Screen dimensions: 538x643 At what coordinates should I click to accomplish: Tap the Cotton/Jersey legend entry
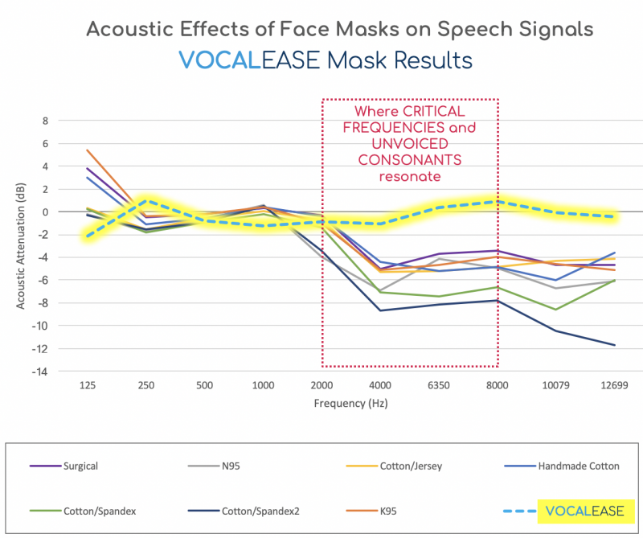[412, 465]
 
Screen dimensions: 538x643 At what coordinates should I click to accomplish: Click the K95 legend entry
[412, 510]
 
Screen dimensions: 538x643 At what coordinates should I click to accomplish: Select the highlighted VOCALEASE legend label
[584, 510]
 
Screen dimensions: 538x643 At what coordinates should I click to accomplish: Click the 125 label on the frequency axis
[88, 386]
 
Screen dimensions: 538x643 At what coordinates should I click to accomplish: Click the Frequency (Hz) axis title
[351, 404]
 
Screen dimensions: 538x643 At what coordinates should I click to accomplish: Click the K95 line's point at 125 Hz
[88, 150]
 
